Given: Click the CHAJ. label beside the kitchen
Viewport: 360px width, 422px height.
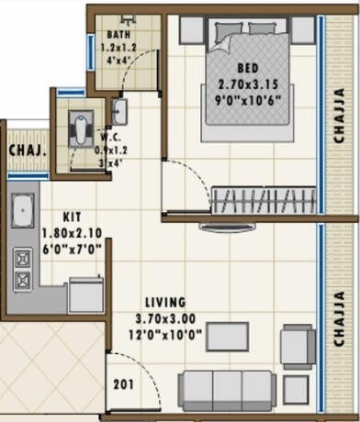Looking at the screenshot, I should (23, 150).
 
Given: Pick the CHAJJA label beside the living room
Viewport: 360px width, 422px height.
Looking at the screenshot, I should (341, 319).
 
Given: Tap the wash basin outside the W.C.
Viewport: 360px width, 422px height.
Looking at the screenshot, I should (119, 112).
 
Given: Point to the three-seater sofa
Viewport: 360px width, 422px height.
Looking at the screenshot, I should (226, 389).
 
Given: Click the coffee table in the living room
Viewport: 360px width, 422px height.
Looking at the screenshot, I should (226, 337).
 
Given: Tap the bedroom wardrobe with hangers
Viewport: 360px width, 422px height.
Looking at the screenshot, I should (263, 199).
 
